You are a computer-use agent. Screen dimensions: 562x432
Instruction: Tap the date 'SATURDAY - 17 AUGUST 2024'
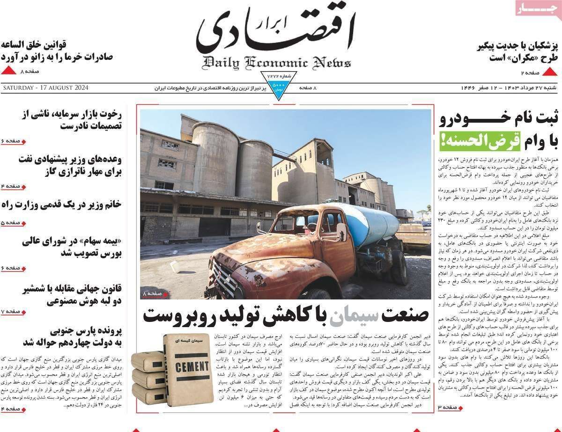pyautogui.click(x=45, y=88)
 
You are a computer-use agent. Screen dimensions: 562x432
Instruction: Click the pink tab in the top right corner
pyautogui.click(x=538, y=9)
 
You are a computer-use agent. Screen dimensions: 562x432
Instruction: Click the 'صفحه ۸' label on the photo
pyautogui.click(x=152, y=293)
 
